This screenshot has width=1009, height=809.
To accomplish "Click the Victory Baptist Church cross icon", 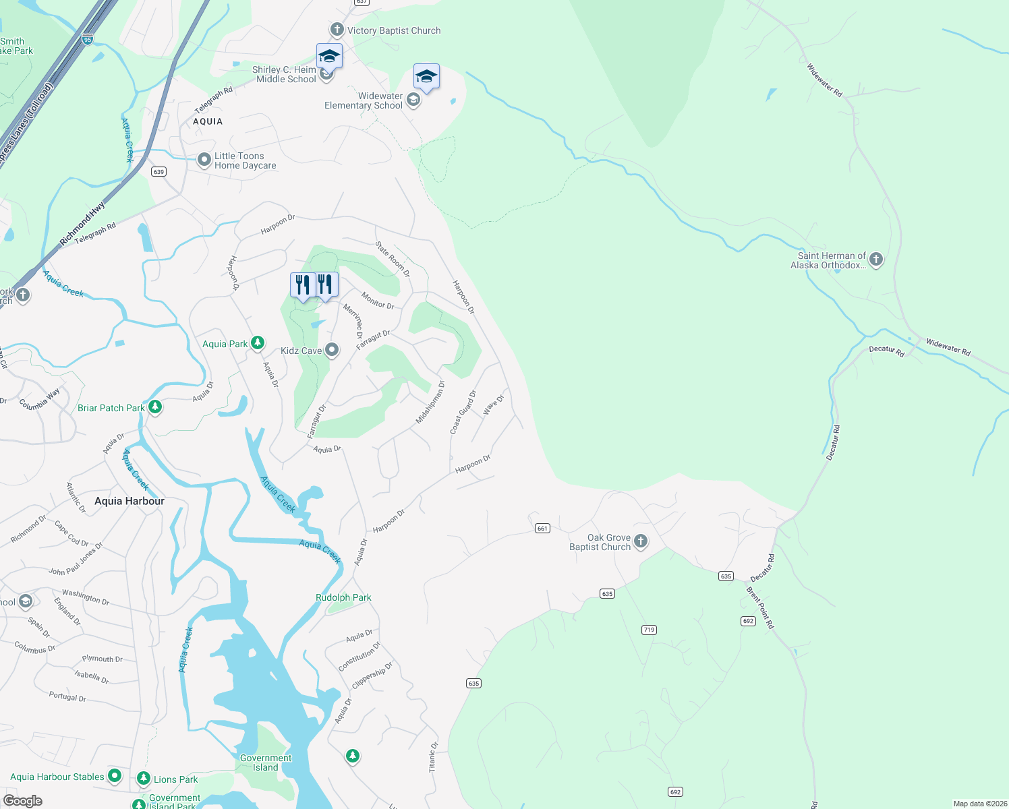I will click(x=337, y=30).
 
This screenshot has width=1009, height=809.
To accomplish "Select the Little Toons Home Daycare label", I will click(x=245, y=160).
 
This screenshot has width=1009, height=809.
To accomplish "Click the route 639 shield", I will click(x=158, y=171).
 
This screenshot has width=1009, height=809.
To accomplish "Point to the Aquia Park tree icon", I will click(x=257, y=343).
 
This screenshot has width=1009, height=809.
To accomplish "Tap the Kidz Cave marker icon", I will click(x=331, y=350).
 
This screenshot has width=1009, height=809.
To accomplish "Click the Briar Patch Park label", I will click(x=111, y=408).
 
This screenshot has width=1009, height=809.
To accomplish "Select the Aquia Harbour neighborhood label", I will click(x=129, y=501).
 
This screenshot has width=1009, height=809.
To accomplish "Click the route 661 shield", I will click(x=542, y=528).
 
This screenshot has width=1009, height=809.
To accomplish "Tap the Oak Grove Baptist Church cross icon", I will click(x=640, y=541).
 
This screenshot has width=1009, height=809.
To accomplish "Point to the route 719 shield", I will click(x=649, y=630).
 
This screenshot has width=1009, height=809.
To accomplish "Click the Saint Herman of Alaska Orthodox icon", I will click(x=875, y=259).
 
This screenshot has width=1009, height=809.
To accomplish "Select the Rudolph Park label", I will click(x=343, y=597).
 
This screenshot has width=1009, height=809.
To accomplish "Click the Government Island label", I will click(x=266, y=762).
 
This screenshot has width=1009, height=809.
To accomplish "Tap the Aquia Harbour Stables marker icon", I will click(x=115, y=776).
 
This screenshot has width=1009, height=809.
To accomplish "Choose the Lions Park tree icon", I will click(x=143, y=779).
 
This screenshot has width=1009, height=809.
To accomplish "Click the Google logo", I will click(x=22, y=800).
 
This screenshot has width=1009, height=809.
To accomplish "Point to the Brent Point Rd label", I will click(x=760, y=607).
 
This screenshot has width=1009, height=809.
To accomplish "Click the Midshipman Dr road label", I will click(x=430, y=402).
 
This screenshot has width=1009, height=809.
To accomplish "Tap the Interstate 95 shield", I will click(x=88, y=40).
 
